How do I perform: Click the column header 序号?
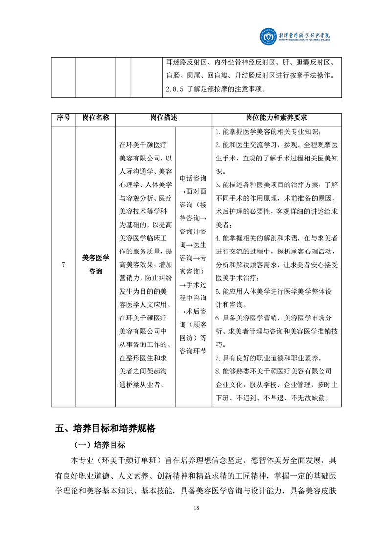64,118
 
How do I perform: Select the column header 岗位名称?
95,118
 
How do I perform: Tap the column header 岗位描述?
163,118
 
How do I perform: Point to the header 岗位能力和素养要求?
276,118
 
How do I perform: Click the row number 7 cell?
64,265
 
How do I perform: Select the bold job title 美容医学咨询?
95,265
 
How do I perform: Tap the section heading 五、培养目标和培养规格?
105,428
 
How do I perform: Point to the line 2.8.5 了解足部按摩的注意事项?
215,90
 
